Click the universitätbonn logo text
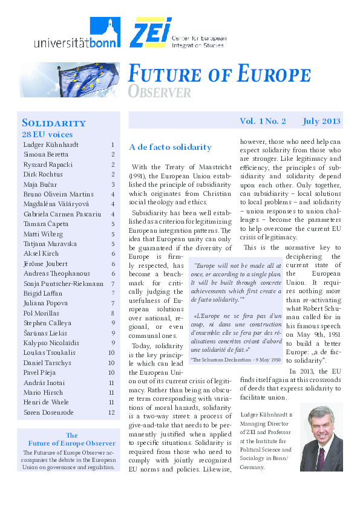point(69,42)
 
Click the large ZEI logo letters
point(149,32)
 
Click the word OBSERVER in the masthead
point(159,92)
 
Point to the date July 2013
point(322,121)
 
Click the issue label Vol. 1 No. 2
point(263,121)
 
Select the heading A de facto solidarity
point(170,147)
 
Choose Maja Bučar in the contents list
point(39,184)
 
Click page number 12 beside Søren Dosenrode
point(111,412)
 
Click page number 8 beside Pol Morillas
point(113,313)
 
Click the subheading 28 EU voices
point(47,134)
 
